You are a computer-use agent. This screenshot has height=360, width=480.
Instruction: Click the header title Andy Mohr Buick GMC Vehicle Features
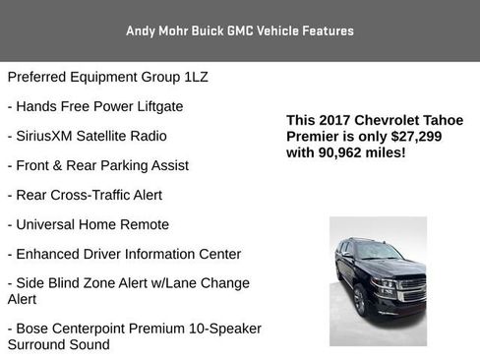coord(240,30)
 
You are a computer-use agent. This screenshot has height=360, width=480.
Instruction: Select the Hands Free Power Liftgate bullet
coord(95,105)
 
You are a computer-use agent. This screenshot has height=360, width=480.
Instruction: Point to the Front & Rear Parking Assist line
coord(97,165)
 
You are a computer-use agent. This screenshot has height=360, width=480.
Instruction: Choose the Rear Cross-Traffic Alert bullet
coord(85,195)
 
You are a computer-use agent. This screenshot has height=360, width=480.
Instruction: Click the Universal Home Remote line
coord(88,224)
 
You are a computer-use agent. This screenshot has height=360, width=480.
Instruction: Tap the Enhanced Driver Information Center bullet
coord(124,254)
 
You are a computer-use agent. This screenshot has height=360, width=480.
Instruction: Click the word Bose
coord(35,327)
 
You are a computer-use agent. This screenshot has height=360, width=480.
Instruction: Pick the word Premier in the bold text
coord(314,137)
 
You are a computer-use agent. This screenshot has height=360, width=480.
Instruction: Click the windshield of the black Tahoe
coord(378,252)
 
